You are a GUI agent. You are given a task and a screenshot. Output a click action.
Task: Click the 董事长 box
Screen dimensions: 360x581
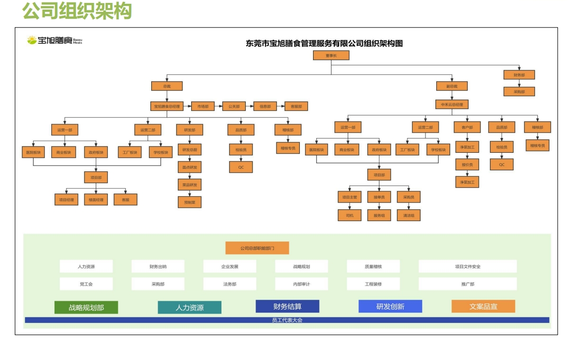331,55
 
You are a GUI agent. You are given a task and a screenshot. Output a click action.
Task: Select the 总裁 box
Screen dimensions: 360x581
167,86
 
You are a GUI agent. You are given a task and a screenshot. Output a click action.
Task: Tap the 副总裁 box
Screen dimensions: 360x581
452,86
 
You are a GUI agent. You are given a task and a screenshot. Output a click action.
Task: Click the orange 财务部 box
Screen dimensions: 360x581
519,75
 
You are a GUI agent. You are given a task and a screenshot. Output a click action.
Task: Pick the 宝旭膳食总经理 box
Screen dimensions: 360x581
167,107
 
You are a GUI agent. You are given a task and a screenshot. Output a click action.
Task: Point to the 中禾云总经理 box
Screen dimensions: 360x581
452,104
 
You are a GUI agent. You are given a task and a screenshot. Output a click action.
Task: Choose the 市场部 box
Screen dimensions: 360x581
203,107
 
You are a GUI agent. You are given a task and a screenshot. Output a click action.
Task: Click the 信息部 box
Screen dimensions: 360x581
265,107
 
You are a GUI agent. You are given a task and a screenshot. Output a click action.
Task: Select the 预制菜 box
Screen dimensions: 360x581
190,202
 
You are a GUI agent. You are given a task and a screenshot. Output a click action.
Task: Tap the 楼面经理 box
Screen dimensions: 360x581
96,200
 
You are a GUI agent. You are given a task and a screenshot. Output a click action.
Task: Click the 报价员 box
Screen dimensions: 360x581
467,165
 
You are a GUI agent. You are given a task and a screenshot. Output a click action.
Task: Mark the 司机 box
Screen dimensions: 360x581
350,215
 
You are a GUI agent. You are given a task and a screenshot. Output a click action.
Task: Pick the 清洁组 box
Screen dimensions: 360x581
409,215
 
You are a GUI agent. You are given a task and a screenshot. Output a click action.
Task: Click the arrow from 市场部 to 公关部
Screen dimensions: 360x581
219,107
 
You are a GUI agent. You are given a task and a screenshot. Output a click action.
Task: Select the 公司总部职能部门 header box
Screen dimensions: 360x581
257,248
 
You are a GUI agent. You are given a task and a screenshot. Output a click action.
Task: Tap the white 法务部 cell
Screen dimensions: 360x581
230,284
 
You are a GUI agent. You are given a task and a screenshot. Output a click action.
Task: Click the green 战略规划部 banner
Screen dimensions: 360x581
86,307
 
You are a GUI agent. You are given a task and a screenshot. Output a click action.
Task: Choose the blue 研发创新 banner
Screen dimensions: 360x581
390,306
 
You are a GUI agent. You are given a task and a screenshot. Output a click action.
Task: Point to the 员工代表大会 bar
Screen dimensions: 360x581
287,320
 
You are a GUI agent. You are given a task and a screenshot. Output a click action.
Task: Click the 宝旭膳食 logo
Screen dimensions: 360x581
55,40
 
